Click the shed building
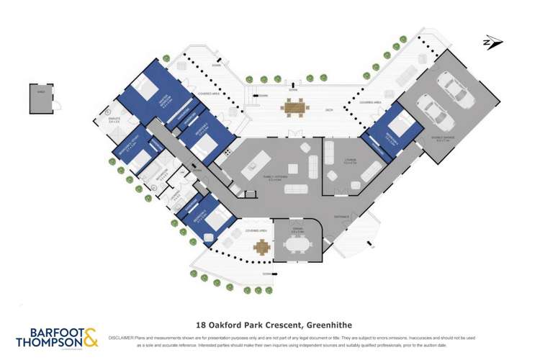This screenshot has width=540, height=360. pyautogui.click(x=40, y=99)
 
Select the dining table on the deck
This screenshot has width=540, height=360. pyautogui.click(x=294, y=107)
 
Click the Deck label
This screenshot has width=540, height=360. pyautogui.click(x=328, y=109)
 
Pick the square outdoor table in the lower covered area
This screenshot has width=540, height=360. pyautogui.click(x=261, y=247)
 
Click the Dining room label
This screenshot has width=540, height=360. pyautogui.click(x=297, y=229)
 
